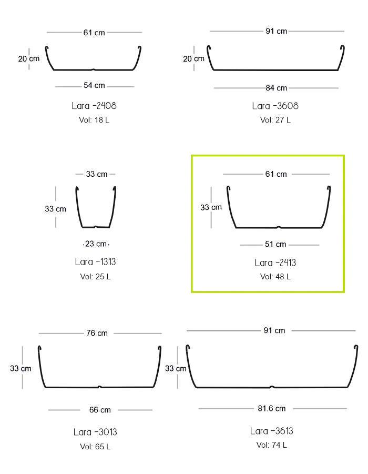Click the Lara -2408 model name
[94, 106]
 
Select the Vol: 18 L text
[94, 120]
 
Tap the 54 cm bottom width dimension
[94, 86]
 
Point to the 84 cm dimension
[276, 88]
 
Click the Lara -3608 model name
[275, 106]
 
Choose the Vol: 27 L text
[275, 120]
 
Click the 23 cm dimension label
[96, 244]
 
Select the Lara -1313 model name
[96, 262]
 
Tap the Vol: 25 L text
[96, 277]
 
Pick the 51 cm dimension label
[275, 244]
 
